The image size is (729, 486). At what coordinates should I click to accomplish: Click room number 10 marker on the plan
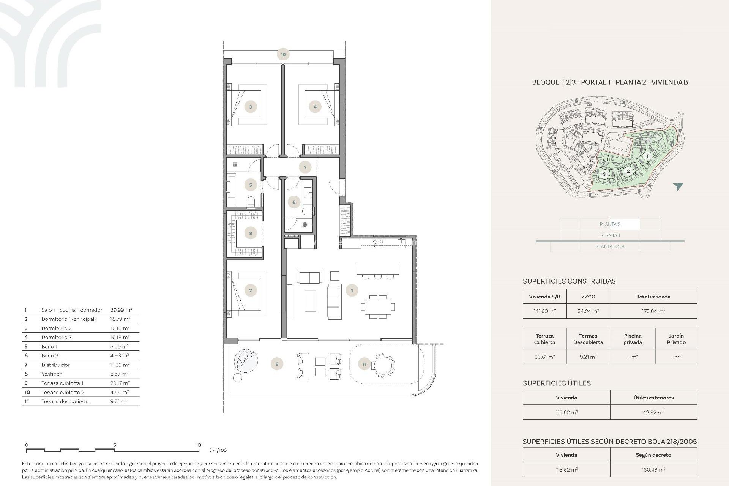click(x=283, y=54)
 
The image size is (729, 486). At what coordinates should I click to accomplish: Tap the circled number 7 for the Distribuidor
click(x=305, y=167)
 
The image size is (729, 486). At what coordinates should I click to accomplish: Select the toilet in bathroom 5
click(x=251, y=202)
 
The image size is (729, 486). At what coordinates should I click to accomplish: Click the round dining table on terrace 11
click(x=383, y=365)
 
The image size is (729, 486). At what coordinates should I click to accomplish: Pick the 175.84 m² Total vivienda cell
click(x=653, y=311)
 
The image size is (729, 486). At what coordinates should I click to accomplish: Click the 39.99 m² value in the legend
click(x=121, y=310)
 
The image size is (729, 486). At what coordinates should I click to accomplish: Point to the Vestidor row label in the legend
click(x=52, y=374)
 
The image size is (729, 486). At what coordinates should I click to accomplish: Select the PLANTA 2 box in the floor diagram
click(x=610, y=224)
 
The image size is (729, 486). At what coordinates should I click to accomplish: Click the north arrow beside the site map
click(x=678, y=186)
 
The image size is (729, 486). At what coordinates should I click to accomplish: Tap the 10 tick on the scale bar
click(x=199, y=445)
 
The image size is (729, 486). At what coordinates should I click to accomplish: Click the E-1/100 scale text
click(x=218, y=450)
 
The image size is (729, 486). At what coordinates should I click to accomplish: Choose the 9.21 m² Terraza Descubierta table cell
click(x=588, y=357)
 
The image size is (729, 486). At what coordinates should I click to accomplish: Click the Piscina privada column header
click(x=633, y=339)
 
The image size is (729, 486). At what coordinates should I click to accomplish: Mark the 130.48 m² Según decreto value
click(x=653, y=470)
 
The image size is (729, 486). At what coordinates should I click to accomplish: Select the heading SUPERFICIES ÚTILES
click(x=557, y=383)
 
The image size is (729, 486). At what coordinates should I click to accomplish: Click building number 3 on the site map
click(x=604, y=174)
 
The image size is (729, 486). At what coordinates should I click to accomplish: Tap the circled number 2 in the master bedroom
click(x=251, y=291)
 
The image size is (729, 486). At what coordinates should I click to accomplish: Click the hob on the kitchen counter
click(x=378, y=243)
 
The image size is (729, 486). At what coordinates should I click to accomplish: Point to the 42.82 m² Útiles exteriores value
click(x=653, y=412)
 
